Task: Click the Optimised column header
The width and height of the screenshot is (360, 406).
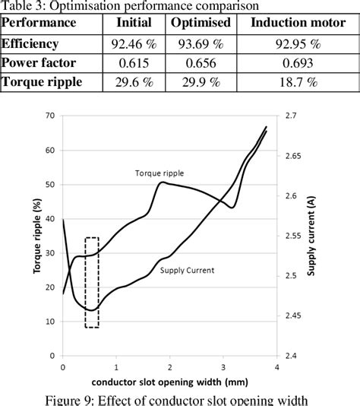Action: (201, 24)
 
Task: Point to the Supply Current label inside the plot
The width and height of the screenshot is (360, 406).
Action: (188, 270)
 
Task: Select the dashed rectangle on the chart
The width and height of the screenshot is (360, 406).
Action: (92, 283)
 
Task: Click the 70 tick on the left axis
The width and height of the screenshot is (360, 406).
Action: (50, 116)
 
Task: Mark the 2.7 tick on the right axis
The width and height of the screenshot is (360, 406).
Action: (292, 116)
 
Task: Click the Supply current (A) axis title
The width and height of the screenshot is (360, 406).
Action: (311, 235)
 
